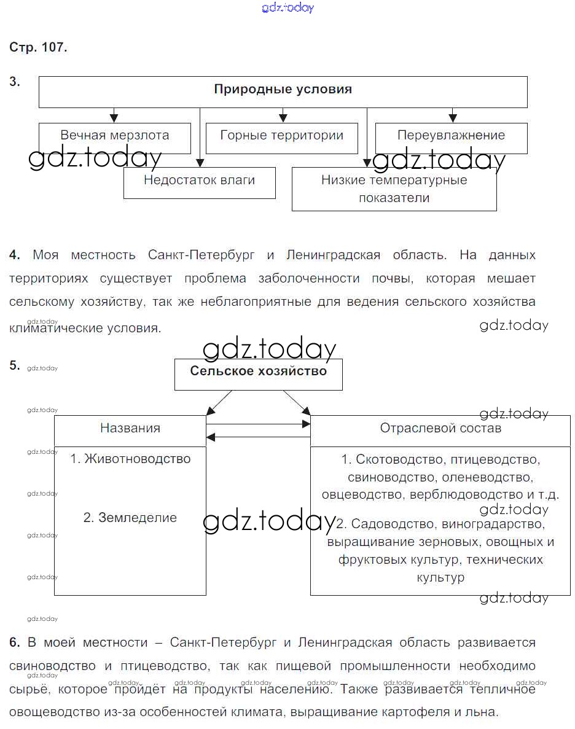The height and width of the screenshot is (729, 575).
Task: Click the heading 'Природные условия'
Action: (283, 90)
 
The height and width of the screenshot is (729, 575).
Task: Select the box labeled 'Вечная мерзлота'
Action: (115, 136)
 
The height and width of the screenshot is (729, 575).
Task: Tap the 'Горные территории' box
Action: (281, 136)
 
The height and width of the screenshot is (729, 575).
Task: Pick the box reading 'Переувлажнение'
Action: (451, 136)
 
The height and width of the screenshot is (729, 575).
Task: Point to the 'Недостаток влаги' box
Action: (199, 181)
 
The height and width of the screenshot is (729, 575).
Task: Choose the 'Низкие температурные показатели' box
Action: (394, 189)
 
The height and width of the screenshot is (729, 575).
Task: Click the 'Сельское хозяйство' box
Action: (258, 372)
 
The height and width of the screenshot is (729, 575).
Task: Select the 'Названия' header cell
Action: (130, 429)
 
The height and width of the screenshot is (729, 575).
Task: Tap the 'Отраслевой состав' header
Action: (440, 429)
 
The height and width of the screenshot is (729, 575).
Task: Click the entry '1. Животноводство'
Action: (130, 459)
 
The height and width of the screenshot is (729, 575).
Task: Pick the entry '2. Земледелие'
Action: (130, 518)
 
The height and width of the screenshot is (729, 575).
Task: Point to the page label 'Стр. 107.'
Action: (38, 48)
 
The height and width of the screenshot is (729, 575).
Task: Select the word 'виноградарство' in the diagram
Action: (499, 524)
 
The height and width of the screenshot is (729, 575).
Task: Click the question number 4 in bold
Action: (14, 255)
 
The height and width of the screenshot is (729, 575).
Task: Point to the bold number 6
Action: (14, 643)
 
